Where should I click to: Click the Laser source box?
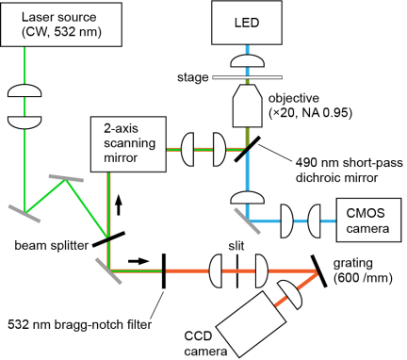pos(61,25)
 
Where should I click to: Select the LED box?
pos(247,23)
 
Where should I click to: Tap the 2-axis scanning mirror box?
pos(128,144)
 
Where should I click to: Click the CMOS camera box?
pos(368,220)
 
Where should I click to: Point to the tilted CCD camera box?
pos(252,324)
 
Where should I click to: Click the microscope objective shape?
pos(247,106)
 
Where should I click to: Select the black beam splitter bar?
pos(108,239)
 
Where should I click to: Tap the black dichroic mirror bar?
pos(247,149)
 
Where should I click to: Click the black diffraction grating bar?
pos(319,271)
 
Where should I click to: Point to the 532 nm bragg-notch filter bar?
pos(163,271)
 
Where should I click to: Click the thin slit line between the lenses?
pos(237,271)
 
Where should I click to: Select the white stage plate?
pos(247,77)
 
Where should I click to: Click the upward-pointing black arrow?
pos(119,205)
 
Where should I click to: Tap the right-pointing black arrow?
pos(138,261)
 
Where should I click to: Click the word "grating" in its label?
pos(352,264)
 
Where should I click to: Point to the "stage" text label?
pos(193,77)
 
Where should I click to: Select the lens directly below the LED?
pos(247,61)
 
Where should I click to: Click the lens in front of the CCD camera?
pos(289,295)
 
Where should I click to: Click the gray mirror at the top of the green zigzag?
pos(66,178)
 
